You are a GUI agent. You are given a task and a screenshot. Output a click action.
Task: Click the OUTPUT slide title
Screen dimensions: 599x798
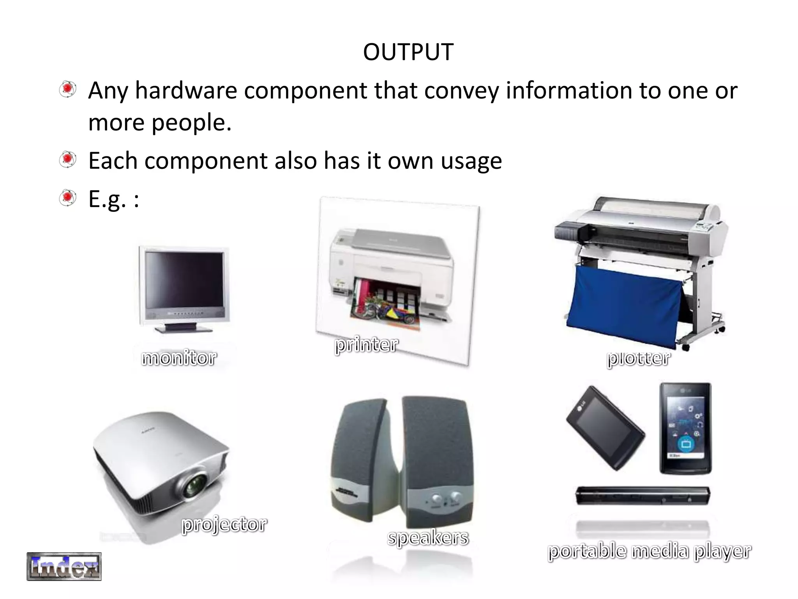pyautogui.click(x=408, y=52)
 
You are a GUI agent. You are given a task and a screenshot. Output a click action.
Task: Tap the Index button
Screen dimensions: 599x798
pyautogui.click(x=64, y=566)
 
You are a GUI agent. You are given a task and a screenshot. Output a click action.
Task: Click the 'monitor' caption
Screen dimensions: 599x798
pyautogui.click(x=179, y=358)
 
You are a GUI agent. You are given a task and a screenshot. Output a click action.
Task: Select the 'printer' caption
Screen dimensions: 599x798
pyautogui.click(x=366, y=345)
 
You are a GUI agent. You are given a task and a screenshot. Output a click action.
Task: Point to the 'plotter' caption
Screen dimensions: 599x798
pyautogui.click(x=639, y=358)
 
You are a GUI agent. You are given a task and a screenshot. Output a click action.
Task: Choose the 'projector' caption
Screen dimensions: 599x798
pyautogui.click(x=224, y=524)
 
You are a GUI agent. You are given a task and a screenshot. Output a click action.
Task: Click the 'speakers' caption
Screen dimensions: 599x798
pyautogui.click(x=428, y=537)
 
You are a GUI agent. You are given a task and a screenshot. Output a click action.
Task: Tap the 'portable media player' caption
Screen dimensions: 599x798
pyautogui.click(x=649, y=551)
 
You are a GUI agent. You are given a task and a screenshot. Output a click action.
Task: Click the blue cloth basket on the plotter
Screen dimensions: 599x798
pyautogui.click(x=623, y=304)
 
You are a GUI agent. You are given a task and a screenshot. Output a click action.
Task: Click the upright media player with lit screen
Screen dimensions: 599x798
pyautogui.click(x=685, y=428)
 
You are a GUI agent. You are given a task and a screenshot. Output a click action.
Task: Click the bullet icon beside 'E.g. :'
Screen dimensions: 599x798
pyautogui.click(x=68, y=198)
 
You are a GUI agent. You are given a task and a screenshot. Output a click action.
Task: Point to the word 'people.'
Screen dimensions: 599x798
pyautogui.click(x=191, y=122)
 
